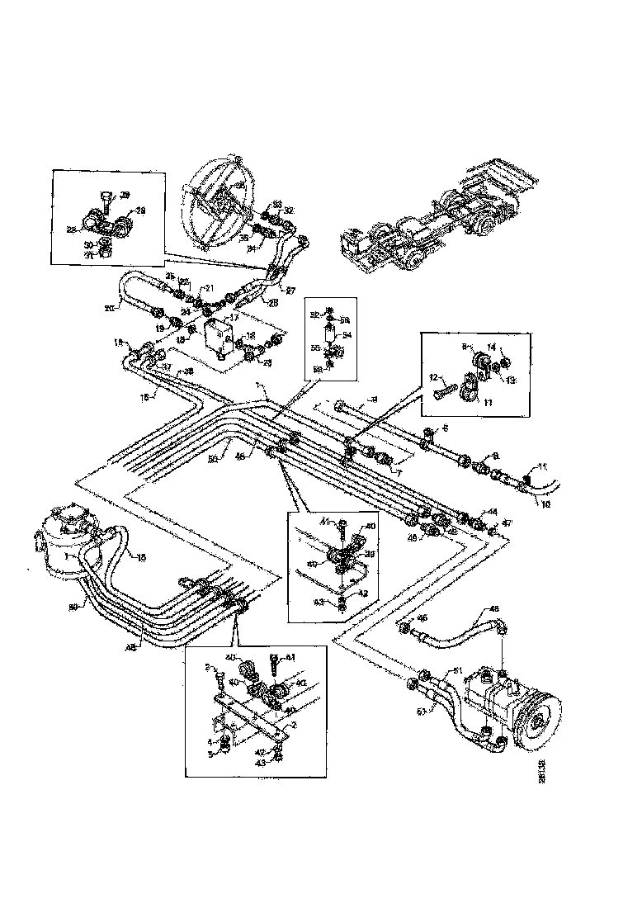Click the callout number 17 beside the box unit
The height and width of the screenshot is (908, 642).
(234, 315)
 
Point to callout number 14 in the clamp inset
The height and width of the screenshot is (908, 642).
(513, 348)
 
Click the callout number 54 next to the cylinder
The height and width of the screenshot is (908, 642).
(347, 336)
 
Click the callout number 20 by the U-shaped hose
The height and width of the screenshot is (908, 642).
(110, 307)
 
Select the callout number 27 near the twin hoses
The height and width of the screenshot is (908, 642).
(290, 289)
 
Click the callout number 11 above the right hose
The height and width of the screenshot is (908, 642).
(542, 467)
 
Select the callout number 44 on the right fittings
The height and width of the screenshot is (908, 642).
(492, 512)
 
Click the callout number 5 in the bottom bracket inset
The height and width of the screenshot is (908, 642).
(210, 753)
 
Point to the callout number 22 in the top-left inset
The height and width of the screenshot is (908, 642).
(72, 229)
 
